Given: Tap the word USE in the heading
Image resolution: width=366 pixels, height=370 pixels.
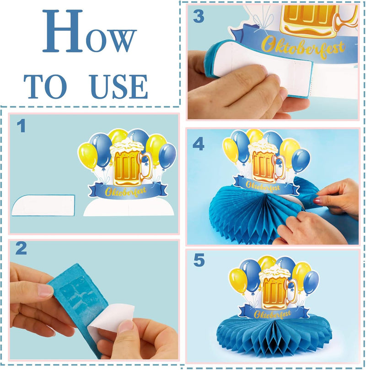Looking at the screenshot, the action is [x=119, y=87].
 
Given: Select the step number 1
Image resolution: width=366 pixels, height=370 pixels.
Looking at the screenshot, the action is [x=22, y=126].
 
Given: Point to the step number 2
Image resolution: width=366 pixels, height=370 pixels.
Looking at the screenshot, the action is [x=21, y=248].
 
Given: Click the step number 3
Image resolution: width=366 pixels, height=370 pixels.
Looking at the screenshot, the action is [x=199, y=16].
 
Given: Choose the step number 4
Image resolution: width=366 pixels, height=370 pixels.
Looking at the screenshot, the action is [x=198, y=144].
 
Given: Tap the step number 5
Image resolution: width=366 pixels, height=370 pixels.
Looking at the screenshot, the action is [x=199, y=260].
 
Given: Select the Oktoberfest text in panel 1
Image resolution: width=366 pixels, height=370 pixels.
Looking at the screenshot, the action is [x=125, y=191].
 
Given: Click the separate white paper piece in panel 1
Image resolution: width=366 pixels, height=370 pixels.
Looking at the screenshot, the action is [x=43, y=205].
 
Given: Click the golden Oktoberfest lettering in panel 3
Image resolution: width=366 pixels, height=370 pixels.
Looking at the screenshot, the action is [x=303, y=48].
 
